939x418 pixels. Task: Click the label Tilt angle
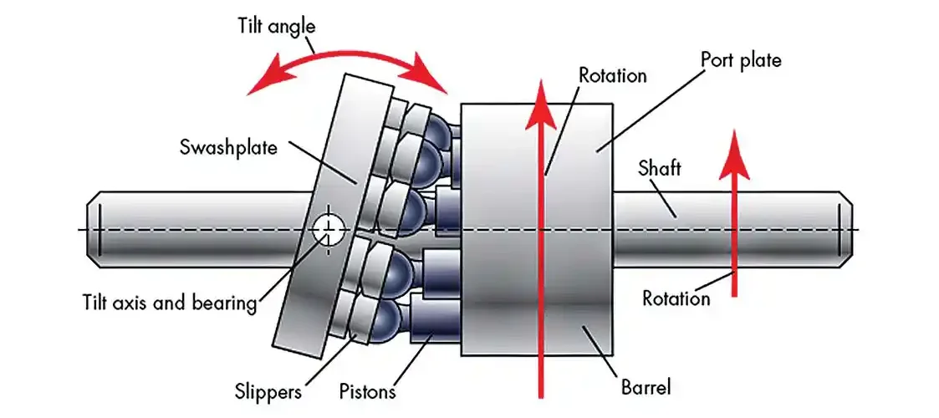276,27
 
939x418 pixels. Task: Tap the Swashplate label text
229,147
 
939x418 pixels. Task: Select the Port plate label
741,60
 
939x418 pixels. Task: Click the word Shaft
660,168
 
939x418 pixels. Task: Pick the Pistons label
368,391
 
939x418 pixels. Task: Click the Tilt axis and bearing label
170,303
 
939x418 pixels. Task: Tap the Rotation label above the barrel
613,75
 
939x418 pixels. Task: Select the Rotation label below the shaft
676,298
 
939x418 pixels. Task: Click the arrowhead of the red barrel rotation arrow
541,103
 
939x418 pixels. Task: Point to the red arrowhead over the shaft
734,155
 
